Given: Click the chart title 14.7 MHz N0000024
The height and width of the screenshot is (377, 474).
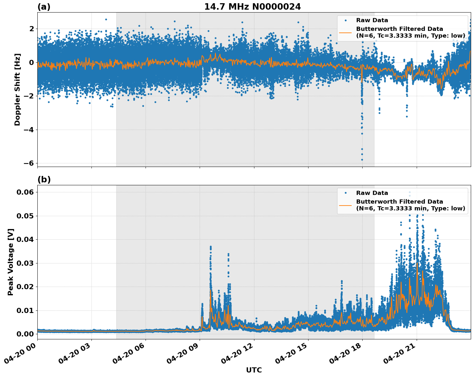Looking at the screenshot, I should coord(252,7).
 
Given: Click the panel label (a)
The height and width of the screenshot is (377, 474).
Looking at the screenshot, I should coord(44,7).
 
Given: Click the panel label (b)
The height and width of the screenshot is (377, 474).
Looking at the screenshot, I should coord(44,179).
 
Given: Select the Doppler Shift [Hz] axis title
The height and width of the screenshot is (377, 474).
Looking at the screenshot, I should coord(17,89).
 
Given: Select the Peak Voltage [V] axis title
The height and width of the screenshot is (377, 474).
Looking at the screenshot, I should coord(11,262).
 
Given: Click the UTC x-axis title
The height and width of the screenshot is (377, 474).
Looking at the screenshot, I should coord(254,370).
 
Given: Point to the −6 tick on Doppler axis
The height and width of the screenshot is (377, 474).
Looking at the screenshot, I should coord(28,163).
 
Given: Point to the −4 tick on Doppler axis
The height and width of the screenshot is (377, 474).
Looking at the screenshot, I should coord(28,130).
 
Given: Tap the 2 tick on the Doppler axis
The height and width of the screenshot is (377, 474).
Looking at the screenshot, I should coord(31,29).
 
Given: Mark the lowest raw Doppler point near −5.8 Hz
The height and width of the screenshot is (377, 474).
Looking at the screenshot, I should coord(362,160).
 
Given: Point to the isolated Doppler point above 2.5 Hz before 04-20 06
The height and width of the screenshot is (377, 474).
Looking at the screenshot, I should coord(106,19).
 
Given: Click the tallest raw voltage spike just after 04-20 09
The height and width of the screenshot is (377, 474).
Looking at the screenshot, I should coord(211,247).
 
